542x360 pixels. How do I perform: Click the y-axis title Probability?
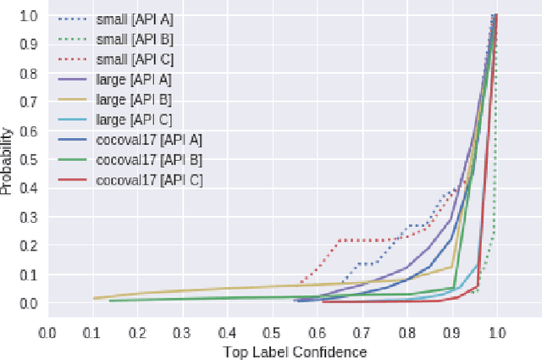click(8, 162)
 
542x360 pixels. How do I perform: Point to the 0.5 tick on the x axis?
click(272, 333)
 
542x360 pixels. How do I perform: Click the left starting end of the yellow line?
click(93, 298)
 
